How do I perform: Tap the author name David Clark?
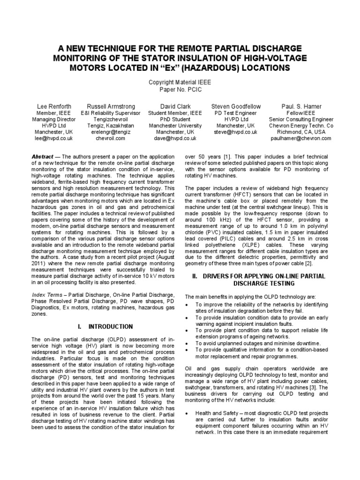175,106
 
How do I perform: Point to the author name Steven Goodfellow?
236,106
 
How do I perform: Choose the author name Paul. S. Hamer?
301,106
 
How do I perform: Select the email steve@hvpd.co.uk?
236,132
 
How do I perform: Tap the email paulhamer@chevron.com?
301,139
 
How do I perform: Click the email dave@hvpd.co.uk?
175,139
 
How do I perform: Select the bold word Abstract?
43,156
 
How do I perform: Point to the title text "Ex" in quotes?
193,68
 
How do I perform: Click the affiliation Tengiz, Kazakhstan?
110,126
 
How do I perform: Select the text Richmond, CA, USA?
301,132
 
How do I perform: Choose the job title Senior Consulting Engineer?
301,120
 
